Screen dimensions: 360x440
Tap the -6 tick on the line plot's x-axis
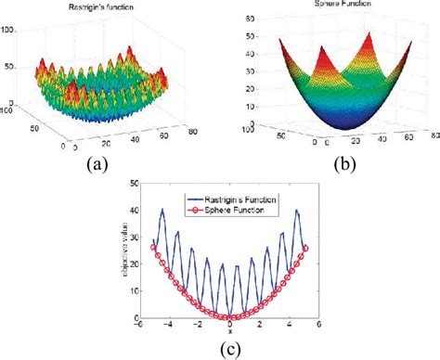(x=136, y=326)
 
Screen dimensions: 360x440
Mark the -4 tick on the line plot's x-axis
(x=168, y=326)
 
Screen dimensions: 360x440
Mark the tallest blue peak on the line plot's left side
(x=162, y=211)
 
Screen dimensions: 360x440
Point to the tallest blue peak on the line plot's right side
(x=298, y=211)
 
